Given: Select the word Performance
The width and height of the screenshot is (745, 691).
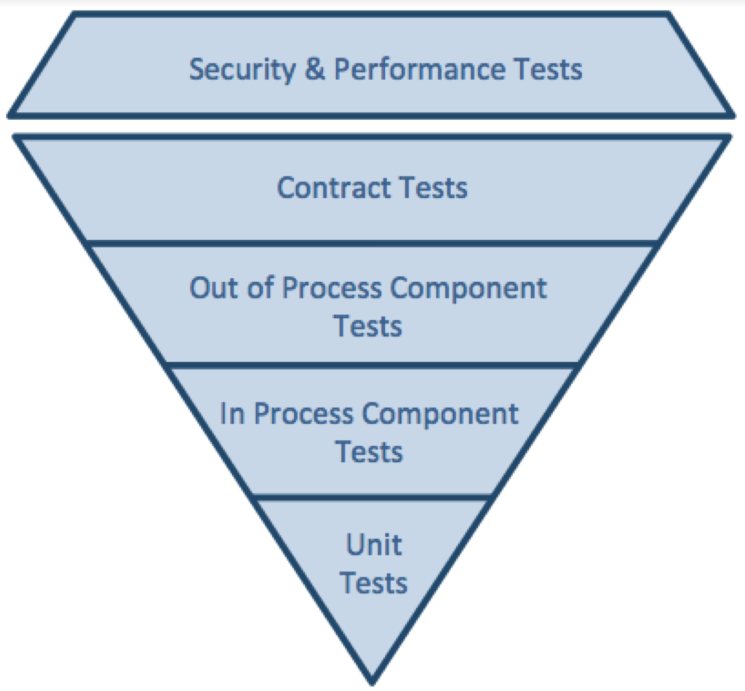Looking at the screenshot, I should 419,70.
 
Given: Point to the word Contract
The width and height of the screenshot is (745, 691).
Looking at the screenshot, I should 323,188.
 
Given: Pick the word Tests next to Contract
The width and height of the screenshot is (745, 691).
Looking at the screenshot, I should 432,188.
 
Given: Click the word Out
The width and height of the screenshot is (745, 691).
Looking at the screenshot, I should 212,288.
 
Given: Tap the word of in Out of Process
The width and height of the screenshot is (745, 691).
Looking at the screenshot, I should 257,288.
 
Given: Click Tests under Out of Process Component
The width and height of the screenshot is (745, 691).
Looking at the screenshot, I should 369,326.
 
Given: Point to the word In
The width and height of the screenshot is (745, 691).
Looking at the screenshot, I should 232,414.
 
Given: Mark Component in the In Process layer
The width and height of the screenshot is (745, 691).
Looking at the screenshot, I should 440,414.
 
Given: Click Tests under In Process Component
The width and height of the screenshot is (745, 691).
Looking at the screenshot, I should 369,452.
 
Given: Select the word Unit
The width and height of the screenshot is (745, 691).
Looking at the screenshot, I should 374,545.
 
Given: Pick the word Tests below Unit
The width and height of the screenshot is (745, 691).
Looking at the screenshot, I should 374,583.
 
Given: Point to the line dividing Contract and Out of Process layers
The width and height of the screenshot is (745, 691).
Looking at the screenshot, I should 372,243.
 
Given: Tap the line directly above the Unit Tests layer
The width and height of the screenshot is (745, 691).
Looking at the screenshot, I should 372,498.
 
